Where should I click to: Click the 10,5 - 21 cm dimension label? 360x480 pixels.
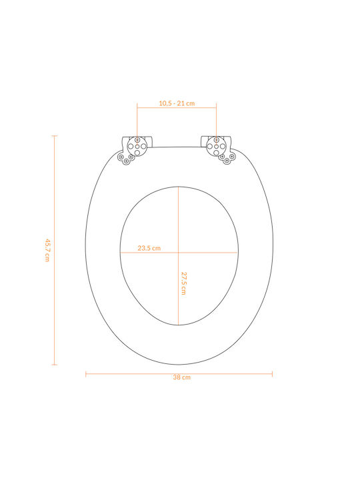tap(177, 103)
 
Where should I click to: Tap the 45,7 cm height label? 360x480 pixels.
tap(47, 250)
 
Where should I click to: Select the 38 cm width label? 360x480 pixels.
tap(181, 377)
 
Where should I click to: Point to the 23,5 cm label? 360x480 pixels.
tap(149, 248)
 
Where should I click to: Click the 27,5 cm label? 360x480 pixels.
tap(184, 283)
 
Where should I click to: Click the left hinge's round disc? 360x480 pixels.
tap(137, 146)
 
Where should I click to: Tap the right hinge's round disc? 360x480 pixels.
tap(216, 146)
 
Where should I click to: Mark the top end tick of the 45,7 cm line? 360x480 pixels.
tap(55, 135)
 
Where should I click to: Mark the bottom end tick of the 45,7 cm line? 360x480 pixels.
tap(55, 365)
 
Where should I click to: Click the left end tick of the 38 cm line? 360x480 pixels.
tap(86, 374)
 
